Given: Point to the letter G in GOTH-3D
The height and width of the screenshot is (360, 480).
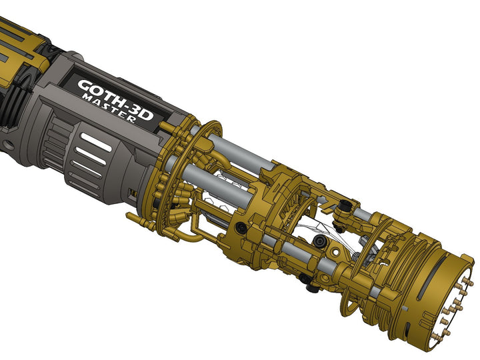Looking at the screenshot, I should coord(86,87).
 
